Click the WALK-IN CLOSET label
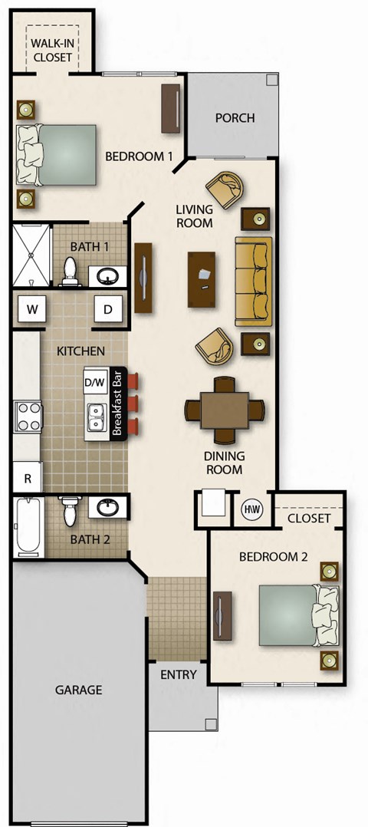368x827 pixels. tap(52, 50)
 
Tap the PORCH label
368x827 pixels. tap(235, 118)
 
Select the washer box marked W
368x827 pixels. tap(32, 309)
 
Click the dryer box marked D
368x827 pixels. tap(108, 309)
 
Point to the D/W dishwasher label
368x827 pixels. tap(94, 381)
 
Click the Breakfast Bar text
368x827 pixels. tap(118, 404)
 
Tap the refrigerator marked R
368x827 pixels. tap(28, 478)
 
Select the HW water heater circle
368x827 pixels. tap(251, 509)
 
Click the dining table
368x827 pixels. tap(225, 410)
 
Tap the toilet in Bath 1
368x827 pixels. tap(71, 271)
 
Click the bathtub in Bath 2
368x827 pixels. tap(28, 528)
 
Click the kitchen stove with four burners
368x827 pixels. tap(28, 417)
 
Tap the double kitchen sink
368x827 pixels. tap(97, 417)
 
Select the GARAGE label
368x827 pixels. tap(78, 690)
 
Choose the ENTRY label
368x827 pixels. tap(178, 675)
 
